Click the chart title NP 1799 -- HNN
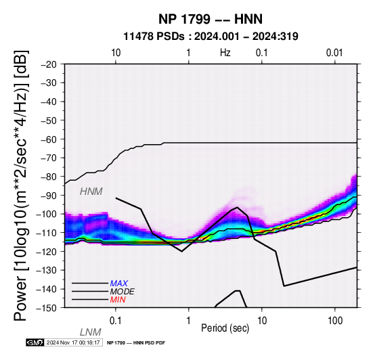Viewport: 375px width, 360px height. coord(211,19)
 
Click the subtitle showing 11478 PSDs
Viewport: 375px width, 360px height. coord(211,37)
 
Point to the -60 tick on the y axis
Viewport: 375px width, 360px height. coord(49,139)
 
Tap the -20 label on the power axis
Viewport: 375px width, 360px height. coord(49,64)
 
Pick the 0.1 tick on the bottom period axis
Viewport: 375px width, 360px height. coord(116,321)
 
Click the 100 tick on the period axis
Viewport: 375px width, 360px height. coord(335,321)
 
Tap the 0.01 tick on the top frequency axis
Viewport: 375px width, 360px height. coord(334,53)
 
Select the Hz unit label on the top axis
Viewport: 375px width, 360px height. coord(225,53)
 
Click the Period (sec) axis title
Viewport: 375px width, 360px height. coord(225,328)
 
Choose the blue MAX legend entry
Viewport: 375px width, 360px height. coord(119,284)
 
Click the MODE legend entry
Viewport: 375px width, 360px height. coord(123,292)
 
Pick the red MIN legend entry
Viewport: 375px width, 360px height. coord(118,300)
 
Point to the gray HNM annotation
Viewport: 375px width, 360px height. coord(91,192)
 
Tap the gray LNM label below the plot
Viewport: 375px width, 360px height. coord(91,332)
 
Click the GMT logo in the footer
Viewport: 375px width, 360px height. coord(35,342)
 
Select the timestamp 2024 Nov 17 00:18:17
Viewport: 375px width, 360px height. coord(73,342)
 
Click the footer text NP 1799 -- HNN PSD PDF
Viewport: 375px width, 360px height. coord(136,343)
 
